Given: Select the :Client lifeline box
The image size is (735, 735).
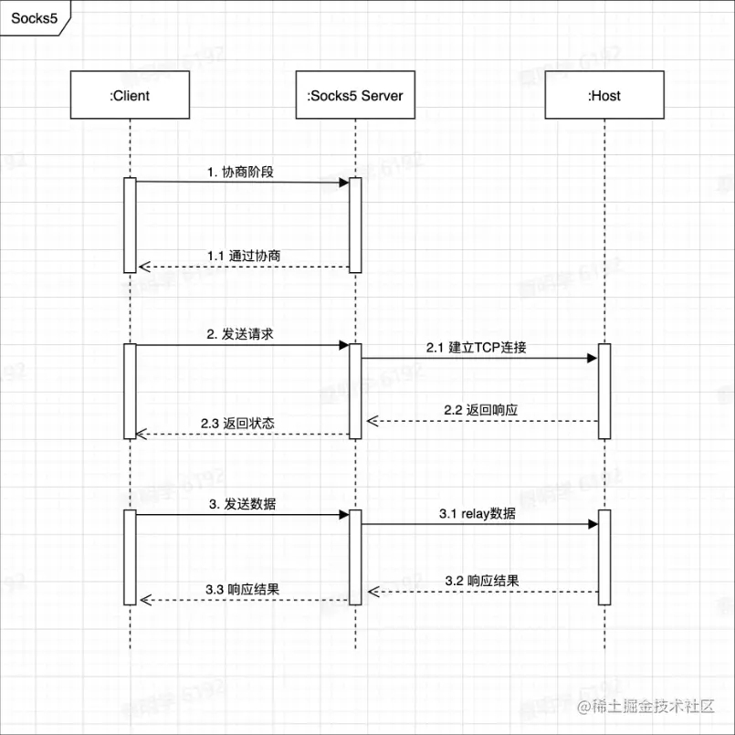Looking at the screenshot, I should [130, 96].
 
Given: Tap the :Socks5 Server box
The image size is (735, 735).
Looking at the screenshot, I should [354, 96].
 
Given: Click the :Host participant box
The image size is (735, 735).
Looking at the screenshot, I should [604, 96].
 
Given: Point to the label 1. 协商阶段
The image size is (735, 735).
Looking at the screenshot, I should [240, 171].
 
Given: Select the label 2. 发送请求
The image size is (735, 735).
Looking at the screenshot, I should [240, 334].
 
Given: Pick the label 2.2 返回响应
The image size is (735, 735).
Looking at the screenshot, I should [481, 410].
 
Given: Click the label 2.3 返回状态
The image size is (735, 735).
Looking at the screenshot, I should [237, 424].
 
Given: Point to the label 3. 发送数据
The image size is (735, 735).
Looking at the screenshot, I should [242, 503].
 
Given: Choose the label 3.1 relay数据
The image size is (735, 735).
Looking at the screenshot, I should [477, 514].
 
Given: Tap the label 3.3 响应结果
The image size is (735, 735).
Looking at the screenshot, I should [241, 589].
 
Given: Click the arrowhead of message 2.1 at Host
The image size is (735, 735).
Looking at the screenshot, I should [593, 358].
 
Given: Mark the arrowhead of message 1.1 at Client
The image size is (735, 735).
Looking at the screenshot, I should [142, 268].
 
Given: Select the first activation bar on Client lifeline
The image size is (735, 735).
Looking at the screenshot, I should [130, 225].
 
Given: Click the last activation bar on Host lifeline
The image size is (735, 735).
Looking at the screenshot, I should [604, 556].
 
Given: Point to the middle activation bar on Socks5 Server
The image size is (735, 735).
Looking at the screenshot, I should [355, 391].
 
